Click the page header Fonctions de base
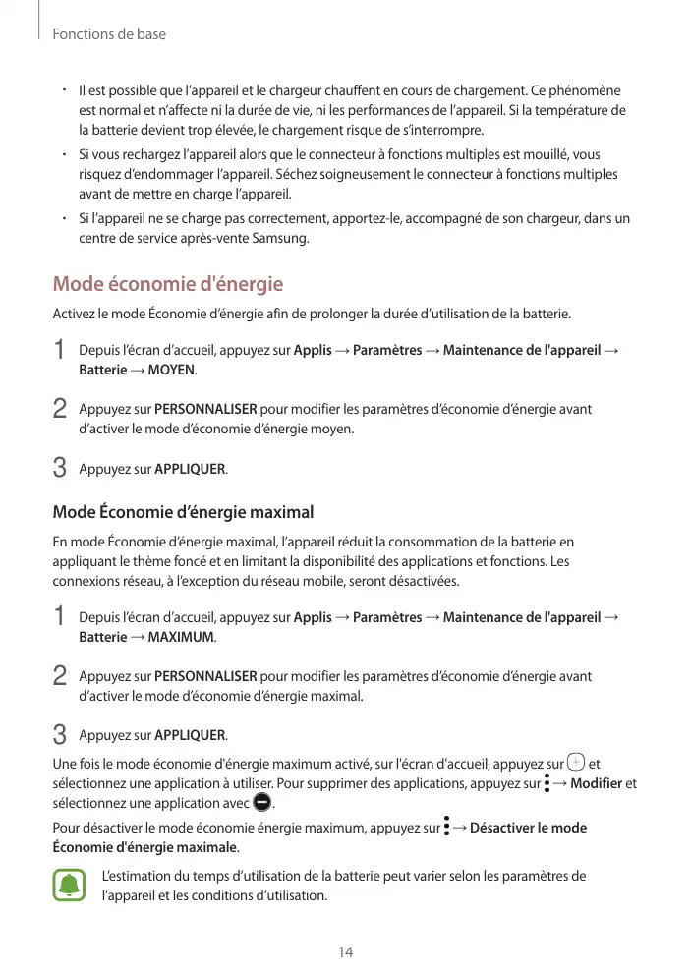click(108, 34)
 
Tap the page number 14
click(345, 952)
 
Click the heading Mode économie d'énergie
click(167, 285)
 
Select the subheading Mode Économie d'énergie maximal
click(183, 512)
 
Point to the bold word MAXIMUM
click(180, 637)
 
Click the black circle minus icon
click(260, 803)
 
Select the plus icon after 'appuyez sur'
click(577, 762)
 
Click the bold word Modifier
click(596, 783)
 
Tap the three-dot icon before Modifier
click(547, 783)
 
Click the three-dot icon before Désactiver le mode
click(446, 827)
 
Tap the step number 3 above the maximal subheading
click(60, 469)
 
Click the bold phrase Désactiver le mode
click(529, 828)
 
